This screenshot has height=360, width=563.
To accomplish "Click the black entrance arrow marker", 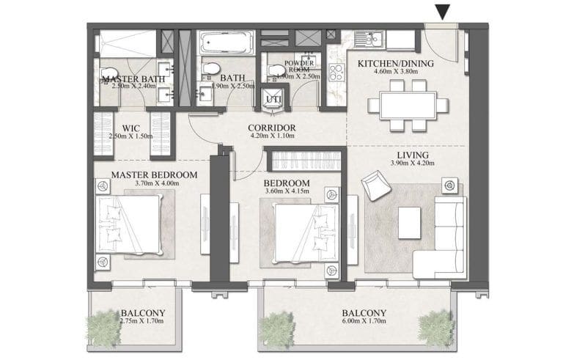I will click(x=442, y=12).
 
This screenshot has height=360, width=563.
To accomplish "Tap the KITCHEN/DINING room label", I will click(x=395, y=64).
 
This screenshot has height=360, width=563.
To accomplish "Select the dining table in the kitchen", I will click(x=409, y=106).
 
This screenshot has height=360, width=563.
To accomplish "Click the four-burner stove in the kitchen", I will click(x=336, y=73).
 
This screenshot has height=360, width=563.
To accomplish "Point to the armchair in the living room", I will click(x=376, y=184).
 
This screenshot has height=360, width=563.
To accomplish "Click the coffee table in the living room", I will click(x=409, y=221).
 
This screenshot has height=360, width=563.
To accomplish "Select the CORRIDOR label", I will click(x=271, y=127).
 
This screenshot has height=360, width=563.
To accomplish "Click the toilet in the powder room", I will click(x=276, y=69).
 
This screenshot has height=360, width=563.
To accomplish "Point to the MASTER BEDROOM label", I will click(x=154, y=175).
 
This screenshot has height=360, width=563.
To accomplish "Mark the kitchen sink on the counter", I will click(x=364, y=37).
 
